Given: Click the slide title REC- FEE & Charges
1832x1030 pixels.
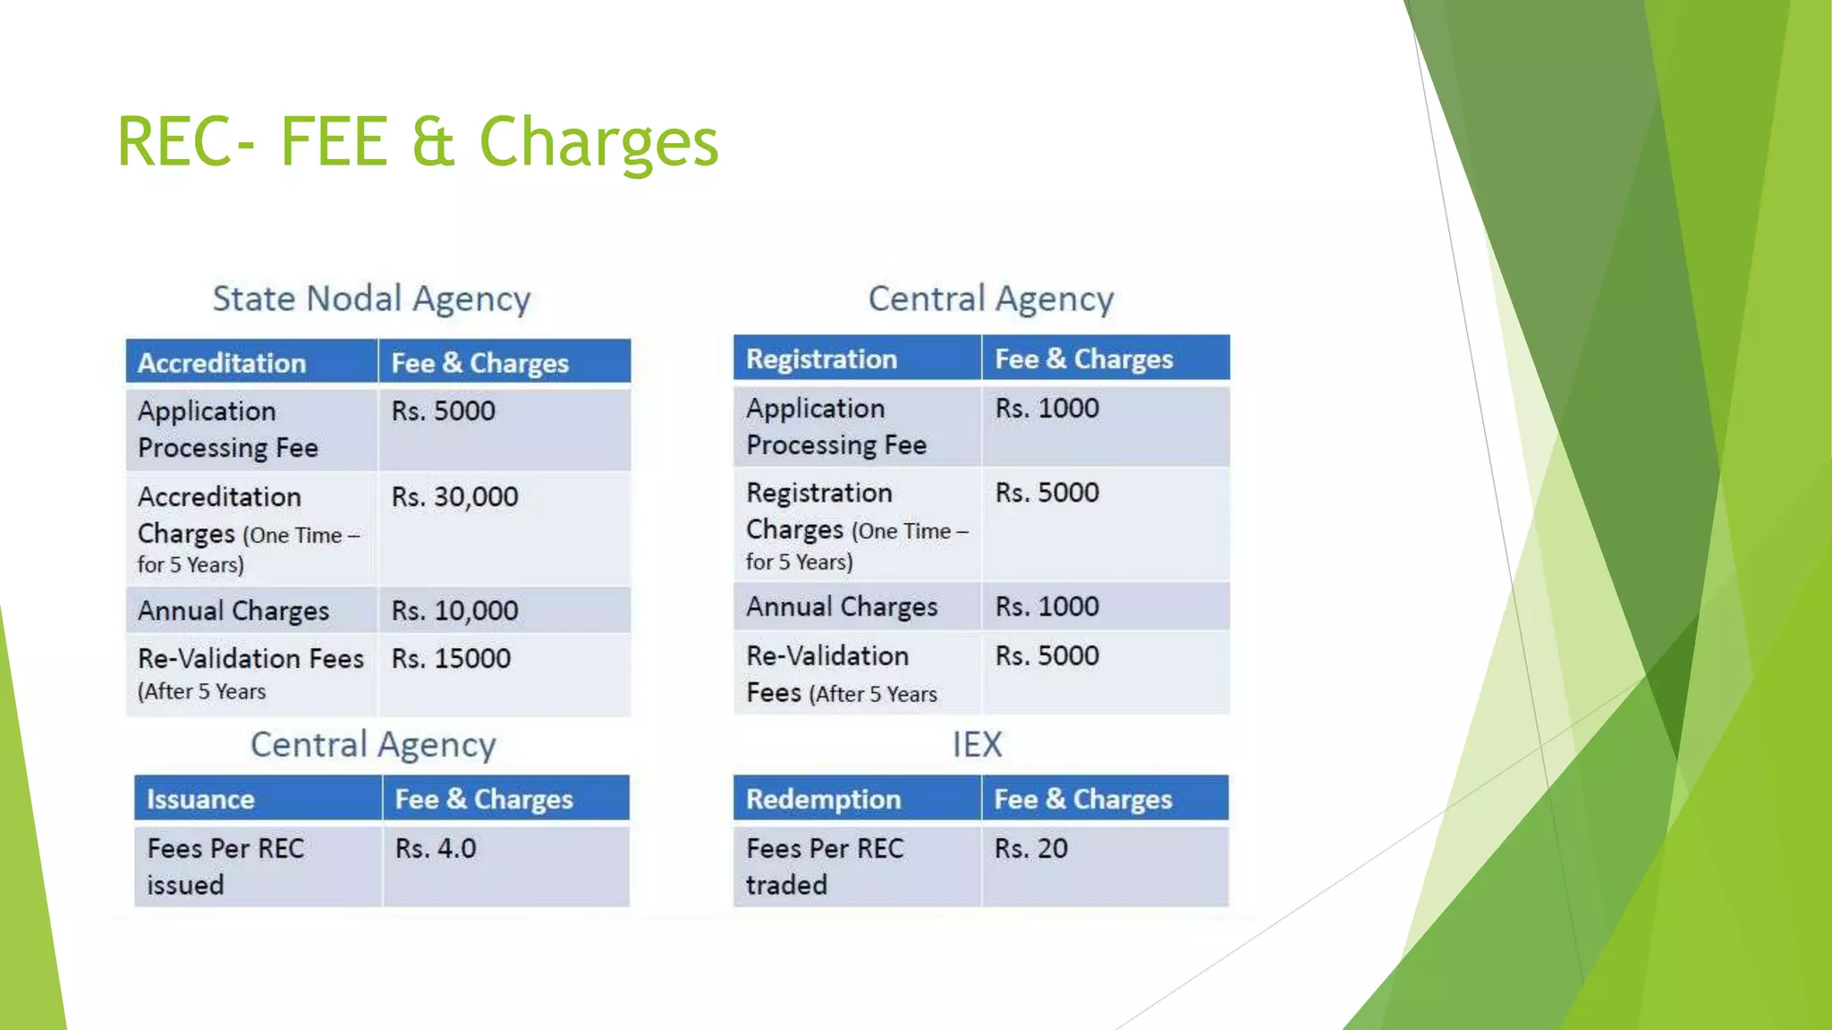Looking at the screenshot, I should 417,141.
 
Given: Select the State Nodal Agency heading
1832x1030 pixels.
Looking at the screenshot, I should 371,299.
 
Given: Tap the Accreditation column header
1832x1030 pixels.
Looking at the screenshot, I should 222,363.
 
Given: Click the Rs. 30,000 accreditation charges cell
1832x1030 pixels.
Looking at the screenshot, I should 454,497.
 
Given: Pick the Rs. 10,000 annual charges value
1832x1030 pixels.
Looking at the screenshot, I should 454,611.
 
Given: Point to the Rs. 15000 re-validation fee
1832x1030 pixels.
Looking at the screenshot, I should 451,659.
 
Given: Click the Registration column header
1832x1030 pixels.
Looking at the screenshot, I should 821,359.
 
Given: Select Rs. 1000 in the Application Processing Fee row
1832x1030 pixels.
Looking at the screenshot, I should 1047,409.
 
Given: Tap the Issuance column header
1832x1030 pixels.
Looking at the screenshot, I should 200,799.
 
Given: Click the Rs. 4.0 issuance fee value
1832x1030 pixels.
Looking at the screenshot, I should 436,848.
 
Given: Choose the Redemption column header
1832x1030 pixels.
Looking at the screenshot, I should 823,799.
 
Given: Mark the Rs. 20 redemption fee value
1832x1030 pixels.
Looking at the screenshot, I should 1030,848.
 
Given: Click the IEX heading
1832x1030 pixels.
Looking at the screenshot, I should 977,745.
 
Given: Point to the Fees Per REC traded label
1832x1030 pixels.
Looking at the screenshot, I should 824,865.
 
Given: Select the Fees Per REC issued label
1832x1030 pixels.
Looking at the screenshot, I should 225,865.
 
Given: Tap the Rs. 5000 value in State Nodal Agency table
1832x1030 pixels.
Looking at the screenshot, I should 443,411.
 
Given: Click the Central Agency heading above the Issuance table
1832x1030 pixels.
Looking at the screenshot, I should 372,745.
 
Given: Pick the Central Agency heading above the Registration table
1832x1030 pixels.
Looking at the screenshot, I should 991,299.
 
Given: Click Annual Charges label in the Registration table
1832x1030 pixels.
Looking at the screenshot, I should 842,607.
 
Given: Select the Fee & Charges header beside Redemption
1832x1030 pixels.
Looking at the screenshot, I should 1082,799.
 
